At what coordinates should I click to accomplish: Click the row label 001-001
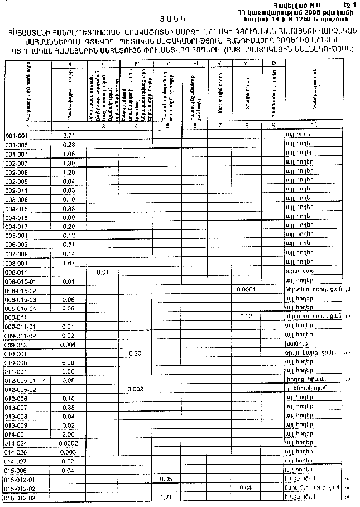16,136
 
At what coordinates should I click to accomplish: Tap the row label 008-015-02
20,291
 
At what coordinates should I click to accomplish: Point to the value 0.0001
246,290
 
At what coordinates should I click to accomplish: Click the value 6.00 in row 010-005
69,362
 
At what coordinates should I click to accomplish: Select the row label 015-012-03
20,497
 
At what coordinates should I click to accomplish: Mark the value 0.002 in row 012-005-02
136,389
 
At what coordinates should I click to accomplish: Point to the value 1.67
69,263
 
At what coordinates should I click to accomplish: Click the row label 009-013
16,345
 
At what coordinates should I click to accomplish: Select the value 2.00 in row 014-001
69,434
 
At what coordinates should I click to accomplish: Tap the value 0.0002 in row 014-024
69,443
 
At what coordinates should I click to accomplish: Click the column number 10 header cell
314,125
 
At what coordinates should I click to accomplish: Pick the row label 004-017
16,227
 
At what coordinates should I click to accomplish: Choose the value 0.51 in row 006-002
69,245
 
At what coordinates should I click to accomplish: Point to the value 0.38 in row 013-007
69,407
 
